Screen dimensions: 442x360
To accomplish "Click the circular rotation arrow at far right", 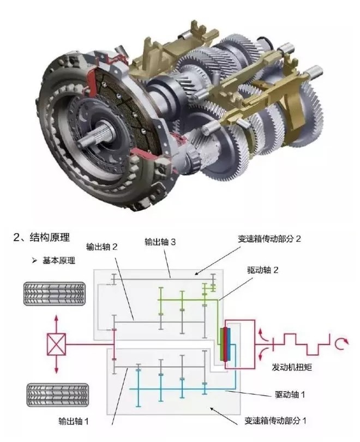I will pos(342,343).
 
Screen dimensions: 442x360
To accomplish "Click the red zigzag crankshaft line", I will pos(305,344).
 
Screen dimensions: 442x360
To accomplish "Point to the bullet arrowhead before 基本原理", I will pos(34,261).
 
